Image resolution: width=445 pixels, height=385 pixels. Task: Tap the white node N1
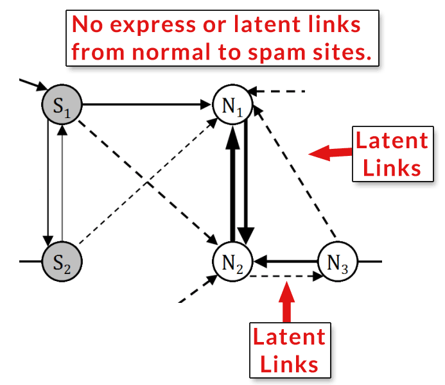click(232, 105)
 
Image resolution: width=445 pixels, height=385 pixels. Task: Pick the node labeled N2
click(232, 262)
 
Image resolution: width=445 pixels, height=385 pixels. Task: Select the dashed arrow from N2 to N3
click(286, 277)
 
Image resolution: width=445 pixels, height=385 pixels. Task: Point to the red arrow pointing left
click(331, 152)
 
